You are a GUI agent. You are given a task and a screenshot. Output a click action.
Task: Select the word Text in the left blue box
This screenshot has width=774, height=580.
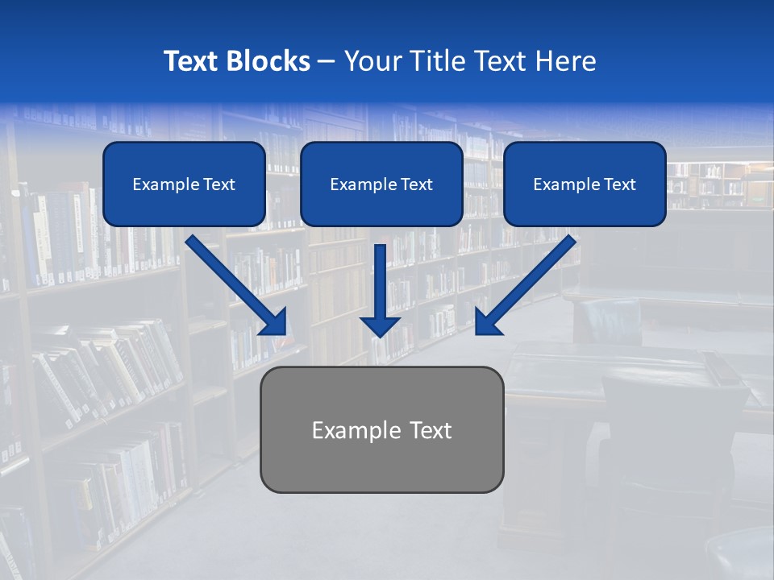218,184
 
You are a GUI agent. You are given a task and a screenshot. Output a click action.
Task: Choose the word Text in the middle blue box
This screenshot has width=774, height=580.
416,184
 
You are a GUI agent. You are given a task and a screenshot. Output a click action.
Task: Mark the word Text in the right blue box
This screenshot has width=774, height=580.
619,184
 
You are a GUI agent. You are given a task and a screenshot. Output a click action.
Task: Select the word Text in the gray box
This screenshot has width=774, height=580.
431,430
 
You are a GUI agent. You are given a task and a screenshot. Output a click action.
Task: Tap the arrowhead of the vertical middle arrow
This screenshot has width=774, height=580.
381,325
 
